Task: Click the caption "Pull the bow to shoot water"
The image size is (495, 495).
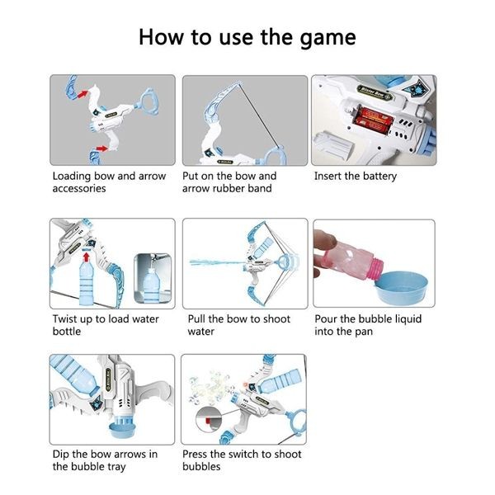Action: click(x=236, y=325)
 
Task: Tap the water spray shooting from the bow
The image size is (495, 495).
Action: click(x=216, y=263)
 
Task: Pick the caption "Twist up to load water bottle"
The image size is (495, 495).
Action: click(x=105, y=325)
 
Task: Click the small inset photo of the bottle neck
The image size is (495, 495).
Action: click(x=152, y=279)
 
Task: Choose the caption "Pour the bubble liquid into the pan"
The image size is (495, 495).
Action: click(x=367, y=325)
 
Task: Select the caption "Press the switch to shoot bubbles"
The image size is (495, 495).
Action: click(x=241, y=460)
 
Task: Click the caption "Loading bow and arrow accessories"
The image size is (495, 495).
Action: click(x=108, y=181)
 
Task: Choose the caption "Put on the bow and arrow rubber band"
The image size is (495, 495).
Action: click(x=229, y=181)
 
